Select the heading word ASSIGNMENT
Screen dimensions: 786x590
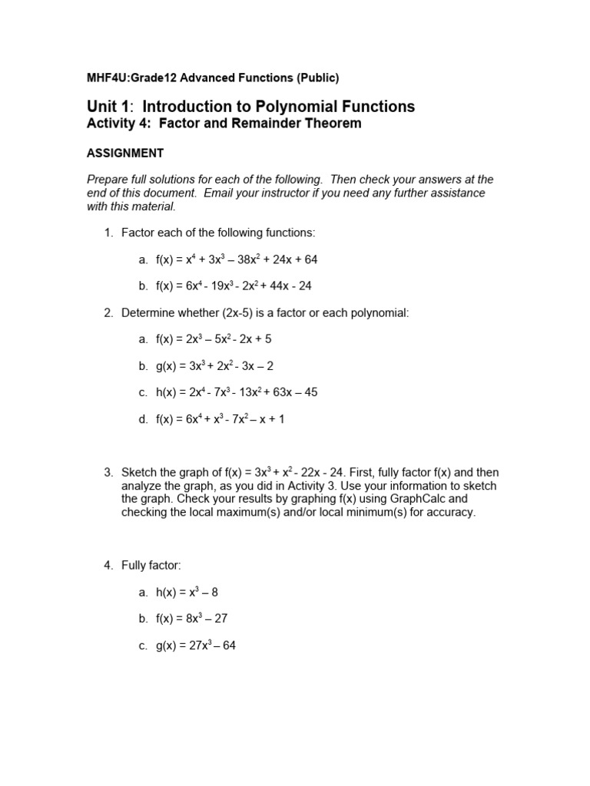tap(124, 153)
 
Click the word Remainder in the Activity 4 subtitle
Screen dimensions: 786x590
tap(259, 124)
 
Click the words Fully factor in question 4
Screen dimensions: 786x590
tap(151, 566)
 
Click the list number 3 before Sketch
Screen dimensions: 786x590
tap(108, 472)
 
